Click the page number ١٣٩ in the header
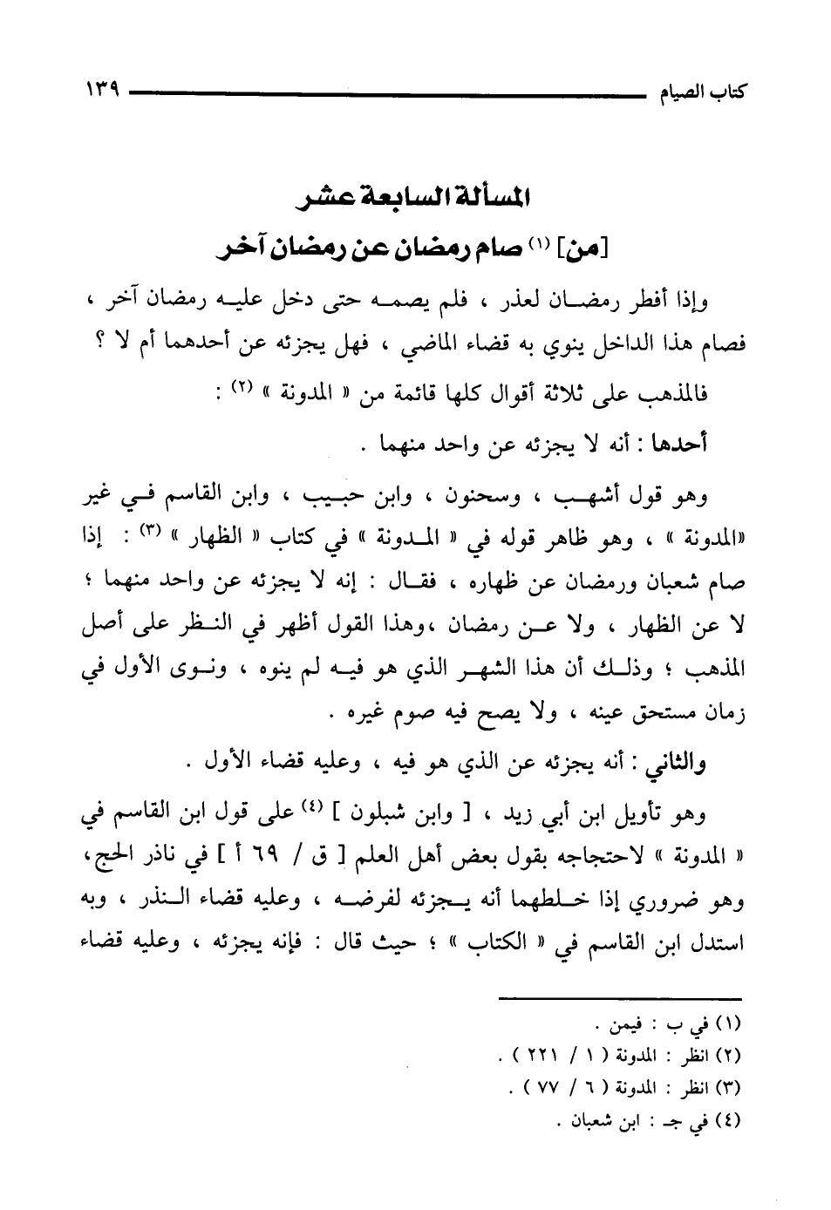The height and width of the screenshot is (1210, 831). coord(102,89)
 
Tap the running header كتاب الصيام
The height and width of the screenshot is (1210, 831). coord(705,91)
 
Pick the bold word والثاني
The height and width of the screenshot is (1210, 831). coord(672,763)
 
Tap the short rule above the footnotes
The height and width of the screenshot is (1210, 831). coord(618,997)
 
